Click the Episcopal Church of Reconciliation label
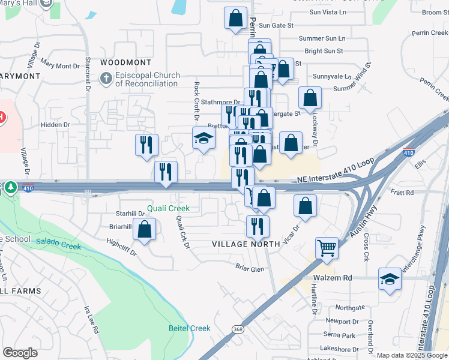146,79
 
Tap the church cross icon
106,79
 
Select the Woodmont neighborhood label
126,62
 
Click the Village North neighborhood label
246,244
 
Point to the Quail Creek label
169,209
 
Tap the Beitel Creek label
188,328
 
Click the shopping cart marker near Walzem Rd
327,247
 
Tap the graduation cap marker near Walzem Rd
390,279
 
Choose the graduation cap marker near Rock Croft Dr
203,138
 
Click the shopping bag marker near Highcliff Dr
144,229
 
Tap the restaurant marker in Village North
258,226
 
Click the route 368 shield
238,329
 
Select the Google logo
20,353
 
